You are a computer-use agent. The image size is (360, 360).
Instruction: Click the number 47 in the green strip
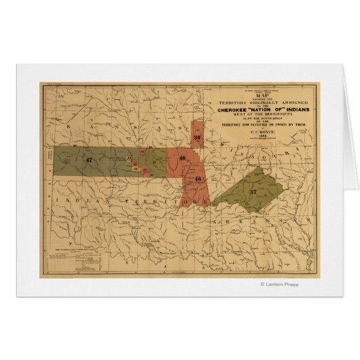89,160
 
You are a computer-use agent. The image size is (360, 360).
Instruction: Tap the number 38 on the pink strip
196,138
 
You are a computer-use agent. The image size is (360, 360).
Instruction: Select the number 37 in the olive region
253,192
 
